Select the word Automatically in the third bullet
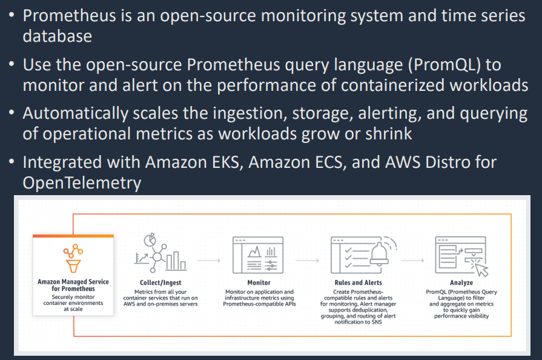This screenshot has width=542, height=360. point(75,114)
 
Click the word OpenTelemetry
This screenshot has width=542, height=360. point(82,182)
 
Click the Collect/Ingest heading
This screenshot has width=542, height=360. point(160,282)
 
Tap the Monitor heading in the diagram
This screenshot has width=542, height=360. point(259,282)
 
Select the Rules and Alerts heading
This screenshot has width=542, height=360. point(358,282)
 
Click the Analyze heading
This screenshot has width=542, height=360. point(461,282)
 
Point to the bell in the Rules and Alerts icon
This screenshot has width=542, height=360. point(379,254)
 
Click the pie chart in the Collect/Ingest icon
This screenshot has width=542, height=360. point(150,239)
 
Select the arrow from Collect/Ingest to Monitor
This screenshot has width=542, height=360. point(208,261)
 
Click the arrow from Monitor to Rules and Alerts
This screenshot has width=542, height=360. point(307,261)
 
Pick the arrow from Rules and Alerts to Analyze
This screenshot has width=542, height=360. point(412,261)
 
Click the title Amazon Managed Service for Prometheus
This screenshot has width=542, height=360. point(73,285)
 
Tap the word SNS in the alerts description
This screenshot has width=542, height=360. point(377,322)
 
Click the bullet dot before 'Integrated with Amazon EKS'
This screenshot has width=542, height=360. point(12,161)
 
